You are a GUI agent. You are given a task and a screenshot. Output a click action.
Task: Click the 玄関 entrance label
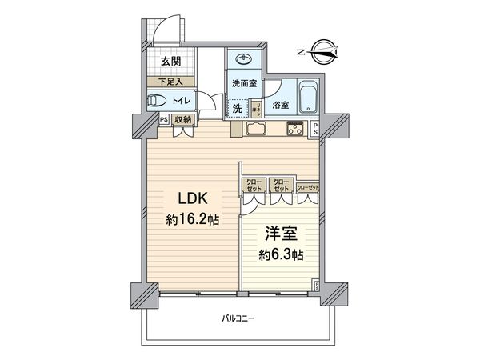point(168,62)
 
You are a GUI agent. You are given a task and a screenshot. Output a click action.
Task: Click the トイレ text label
point(182,101)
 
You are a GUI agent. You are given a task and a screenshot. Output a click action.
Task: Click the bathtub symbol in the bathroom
point(307,99)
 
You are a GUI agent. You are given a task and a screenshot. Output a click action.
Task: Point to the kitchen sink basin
point(257,130)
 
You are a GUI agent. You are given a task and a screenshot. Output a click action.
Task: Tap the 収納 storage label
point(183,120)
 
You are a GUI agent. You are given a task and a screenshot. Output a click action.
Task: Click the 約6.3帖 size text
point(281,256)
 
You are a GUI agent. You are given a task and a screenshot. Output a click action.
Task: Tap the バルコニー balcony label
point(238,319)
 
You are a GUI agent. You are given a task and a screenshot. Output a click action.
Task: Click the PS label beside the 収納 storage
point(164,120)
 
